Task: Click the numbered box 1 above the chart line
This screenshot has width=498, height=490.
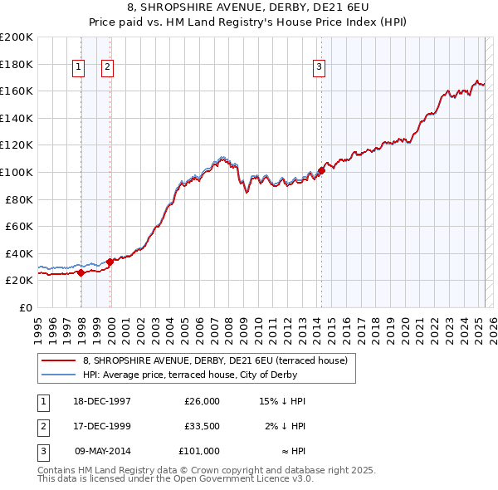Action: (x=78, y=68)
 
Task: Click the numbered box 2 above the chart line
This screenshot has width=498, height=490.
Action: (x=108, y=68)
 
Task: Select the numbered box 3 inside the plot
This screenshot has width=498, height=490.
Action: (x=319, y=68)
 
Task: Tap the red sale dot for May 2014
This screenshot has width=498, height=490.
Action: (x=321, y=172)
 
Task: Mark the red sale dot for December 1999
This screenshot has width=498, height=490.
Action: (x=110, y=262)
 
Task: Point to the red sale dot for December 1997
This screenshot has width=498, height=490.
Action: (x=81, y=272)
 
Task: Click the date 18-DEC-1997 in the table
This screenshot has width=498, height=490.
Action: (x=103, y=401)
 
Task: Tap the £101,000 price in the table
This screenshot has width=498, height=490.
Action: (x=199, y=451)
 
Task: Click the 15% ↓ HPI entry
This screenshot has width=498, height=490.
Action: (x=283, y=401)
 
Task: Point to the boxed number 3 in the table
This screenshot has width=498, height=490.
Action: (x=43, y=451)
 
